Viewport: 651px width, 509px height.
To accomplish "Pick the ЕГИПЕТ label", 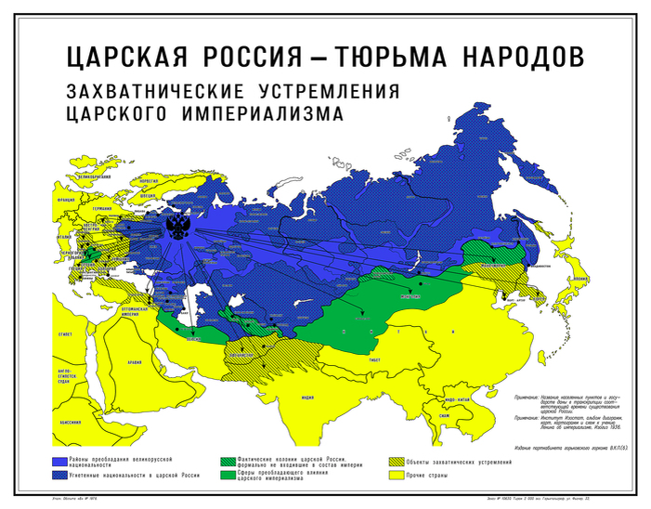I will click(66, 332).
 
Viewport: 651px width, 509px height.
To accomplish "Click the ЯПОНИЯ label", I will click(584, 277).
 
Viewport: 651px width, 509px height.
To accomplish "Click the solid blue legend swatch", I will click(60, 462).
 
